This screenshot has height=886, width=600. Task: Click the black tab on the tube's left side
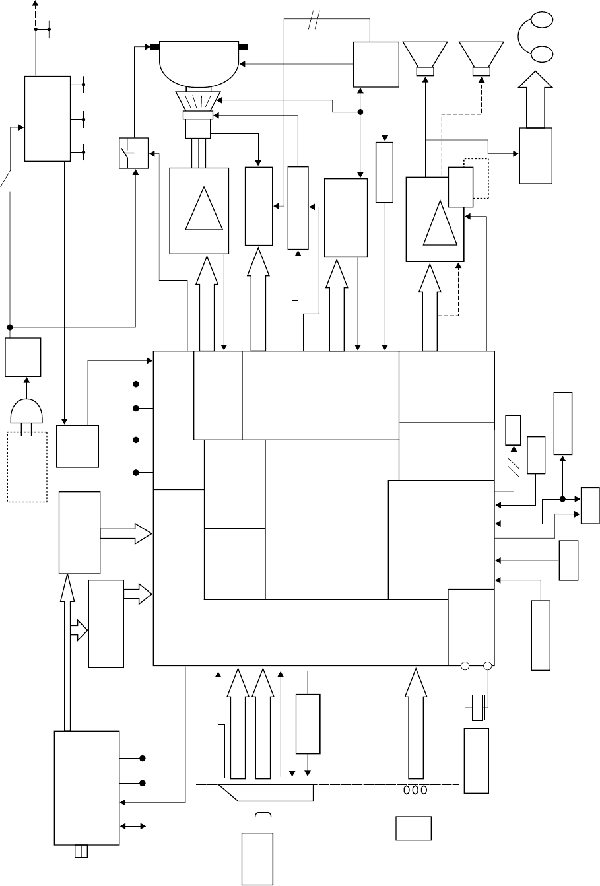(154, 47)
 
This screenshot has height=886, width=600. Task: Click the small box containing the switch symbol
(133, 153)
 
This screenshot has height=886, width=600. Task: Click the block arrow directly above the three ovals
(416, 724)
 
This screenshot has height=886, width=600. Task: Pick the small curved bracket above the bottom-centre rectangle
(264, 819)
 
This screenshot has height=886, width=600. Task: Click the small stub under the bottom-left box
(81, 852)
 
